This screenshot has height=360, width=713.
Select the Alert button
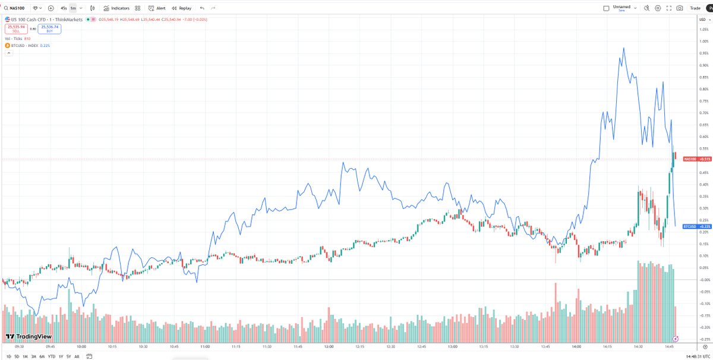pos(157,8)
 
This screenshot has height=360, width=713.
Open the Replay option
pos(182,8)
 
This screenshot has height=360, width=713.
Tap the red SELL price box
pos(16,28)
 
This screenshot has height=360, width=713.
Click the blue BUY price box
pos(49,28)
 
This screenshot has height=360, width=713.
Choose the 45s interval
pos(63,8)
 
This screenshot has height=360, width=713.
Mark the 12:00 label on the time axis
pos(329,346)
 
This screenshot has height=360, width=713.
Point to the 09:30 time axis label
pos(19,346)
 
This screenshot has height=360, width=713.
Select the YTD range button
pos(52,356)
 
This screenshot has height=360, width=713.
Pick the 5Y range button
pos(69,356)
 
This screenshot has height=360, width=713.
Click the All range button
pos(77,356)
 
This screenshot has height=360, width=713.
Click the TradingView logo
pos(28,336)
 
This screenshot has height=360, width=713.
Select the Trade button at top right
pos(695,8)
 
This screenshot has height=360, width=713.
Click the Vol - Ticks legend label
pos(14,39)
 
